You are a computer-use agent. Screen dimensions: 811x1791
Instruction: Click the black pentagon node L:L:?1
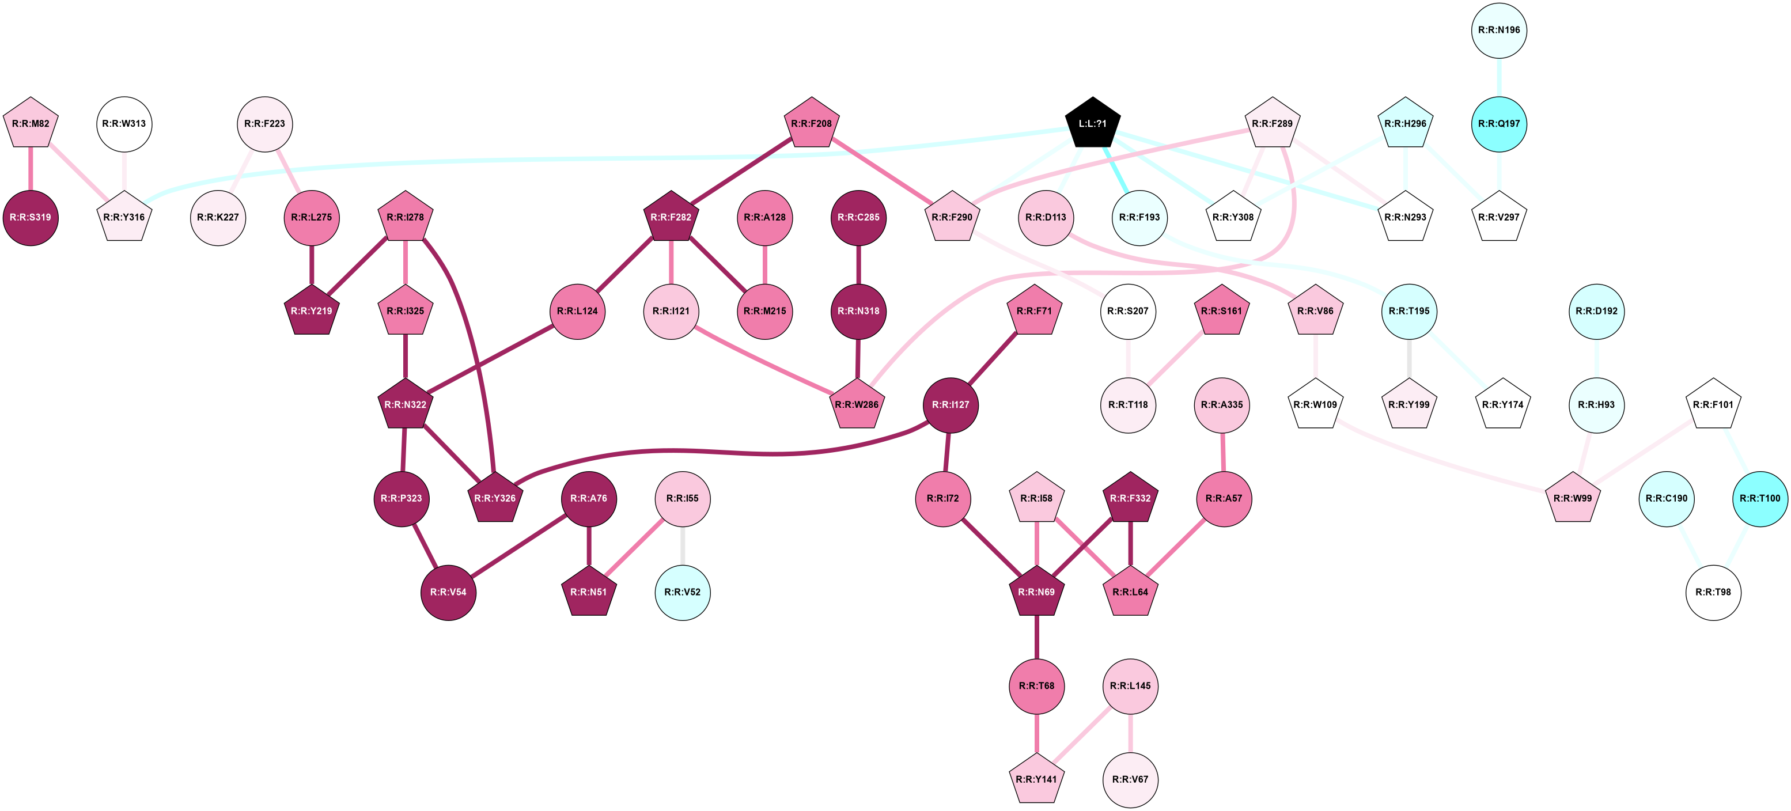pos(1092,124)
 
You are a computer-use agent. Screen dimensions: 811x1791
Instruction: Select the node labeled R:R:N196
pos(1498,31)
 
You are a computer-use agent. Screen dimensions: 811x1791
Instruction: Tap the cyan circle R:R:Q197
pos(1498,124)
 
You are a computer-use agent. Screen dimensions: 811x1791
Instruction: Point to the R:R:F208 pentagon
pos(811,124)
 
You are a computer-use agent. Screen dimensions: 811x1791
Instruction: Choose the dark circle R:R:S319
pos(31,218)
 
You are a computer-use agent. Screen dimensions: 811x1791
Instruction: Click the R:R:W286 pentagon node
pos(857,404)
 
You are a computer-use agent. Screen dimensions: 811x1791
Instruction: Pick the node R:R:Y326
pos(495,498)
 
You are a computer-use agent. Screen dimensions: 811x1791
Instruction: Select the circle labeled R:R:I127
pos(951,404)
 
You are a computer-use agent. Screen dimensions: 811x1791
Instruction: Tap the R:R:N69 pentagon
pos(1036,592)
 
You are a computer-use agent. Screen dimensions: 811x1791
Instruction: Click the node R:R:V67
pos(1130,780)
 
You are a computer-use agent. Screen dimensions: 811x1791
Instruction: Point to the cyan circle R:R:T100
pos(1760,498)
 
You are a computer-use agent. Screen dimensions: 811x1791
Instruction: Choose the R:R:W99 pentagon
pos(1573,498)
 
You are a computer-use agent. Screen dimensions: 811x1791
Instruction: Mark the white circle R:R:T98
pos(1713,592)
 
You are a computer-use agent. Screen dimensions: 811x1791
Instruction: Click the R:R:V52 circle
pos(682,592)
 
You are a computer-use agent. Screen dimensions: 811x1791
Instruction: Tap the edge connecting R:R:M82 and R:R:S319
pos(31,170)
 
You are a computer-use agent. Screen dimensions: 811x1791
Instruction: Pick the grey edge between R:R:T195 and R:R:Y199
pos(1409,358)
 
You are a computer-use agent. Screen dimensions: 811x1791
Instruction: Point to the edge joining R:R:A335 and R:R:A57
pos(1223,451)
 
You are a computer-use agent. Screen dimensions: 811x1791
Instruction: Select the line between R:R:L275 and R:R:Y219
pos(312,264)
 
